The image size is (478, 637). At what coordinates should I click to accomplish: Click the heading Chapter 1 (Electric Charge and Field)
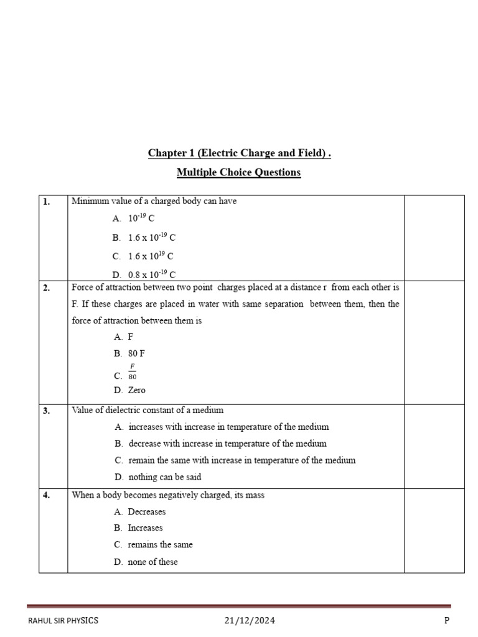click(x=239, y=153)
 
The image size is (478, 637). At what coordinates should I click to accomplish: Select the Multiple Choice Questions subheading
click(x=239, y=172)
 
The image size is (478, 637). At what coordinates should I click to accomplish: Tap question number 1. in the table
click(x=47, y=202)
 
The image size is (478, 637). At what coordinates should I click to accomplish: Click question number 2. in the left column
click(x=47, y=287)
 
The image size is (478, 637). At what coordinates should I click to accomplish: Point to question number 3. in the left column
click(x=47, y=411)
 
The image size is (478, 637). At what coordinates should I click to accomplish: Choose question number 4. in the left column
click(x=47, y=495)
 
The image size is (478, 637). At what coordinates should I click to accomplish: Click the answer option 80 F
click(x=137, y=353)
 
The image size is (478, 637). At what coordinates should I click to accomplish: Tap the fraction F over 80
click(x=132, y=371)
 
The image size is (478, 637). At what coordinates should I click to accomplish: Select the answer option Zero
click(x=136, y=390)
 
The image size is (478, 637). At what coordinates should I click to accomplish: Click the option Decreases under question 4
click(x=146, y=511)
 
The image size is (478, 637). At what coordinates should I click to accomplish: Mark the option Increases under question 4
click(x=145, y=528)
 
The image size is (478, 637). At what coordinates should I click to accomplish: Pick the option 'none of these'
click(x=152, y=562)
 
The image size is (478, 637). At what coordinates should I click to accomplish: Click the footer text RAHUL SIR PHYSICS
click(x=63, y=620)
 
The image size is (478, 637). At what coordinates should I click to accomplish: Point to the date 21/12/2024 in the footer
click(x=250, y=620)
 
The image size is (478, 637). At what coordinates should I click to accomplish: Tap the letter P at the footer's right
click(x=446, y=620)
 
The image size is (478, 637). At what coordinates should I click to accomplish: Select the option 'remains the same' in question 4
click(x=160, y=544)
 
